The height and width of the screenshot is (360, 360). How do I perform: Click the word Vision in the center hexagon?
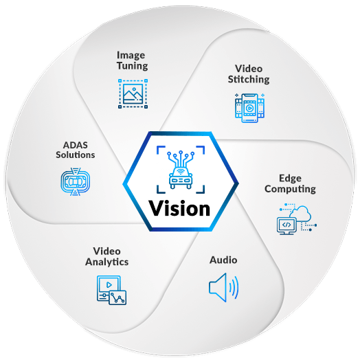179,207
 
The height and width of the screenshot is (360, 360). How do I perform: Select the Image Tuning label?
132,60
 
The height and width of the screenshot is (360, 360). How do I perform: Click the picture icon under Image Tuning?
132,93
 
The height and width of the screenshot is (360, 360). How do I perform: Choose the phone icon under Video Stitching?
249,108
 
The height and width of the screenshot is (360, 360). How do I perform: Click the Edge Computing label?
290,184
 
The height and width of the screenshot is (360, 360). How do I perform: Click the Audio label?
223,260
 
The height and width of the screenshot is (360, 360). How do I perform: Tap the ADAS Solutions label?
76,150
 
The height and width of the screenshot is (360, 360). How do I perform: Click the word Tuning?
132,66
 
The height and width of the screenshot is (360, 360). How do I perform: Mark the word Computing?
290,189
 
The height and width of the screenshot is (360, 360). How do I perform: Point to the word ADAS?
76,144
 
